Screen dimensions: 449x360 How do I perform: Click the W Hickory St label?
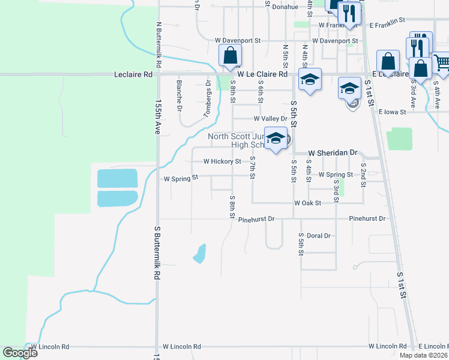(x=221, y=161)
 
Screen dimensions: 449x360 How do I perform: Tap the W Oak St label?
(x=307, y=203)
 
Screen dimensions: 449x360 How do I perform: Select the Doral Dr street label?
(x=319, y=236)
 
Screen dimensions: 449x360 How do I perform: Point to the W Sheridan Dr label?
(x=333, y=153)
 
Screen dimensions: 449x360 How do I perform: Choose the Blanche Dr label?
(x=179, y=95)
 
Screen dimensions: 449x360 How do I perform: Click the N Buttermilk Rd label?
(x=158, y=45)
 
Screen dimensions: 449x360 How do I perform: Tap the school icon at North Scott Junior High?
(x=276, y=139)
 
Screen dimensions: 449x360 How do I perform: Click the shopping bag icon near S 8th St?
(x=230, y=56)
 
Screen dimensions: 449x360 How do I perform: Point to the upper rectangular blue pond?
(x=117, y=178)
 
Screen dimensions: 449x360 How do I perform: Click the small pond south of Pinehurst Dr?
(x=199, y=253)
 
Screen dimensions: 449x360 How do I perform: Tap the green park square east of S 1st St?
(x=399, y=139)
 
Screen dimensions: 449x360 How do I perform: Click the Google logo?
(x=20, y=353)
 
